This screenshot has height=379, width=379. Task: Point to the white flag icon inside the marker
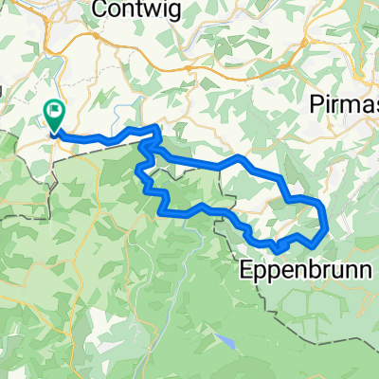tap(53, 111)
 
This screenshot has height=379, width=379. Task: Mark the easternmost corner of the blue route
tap(327, 226)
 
